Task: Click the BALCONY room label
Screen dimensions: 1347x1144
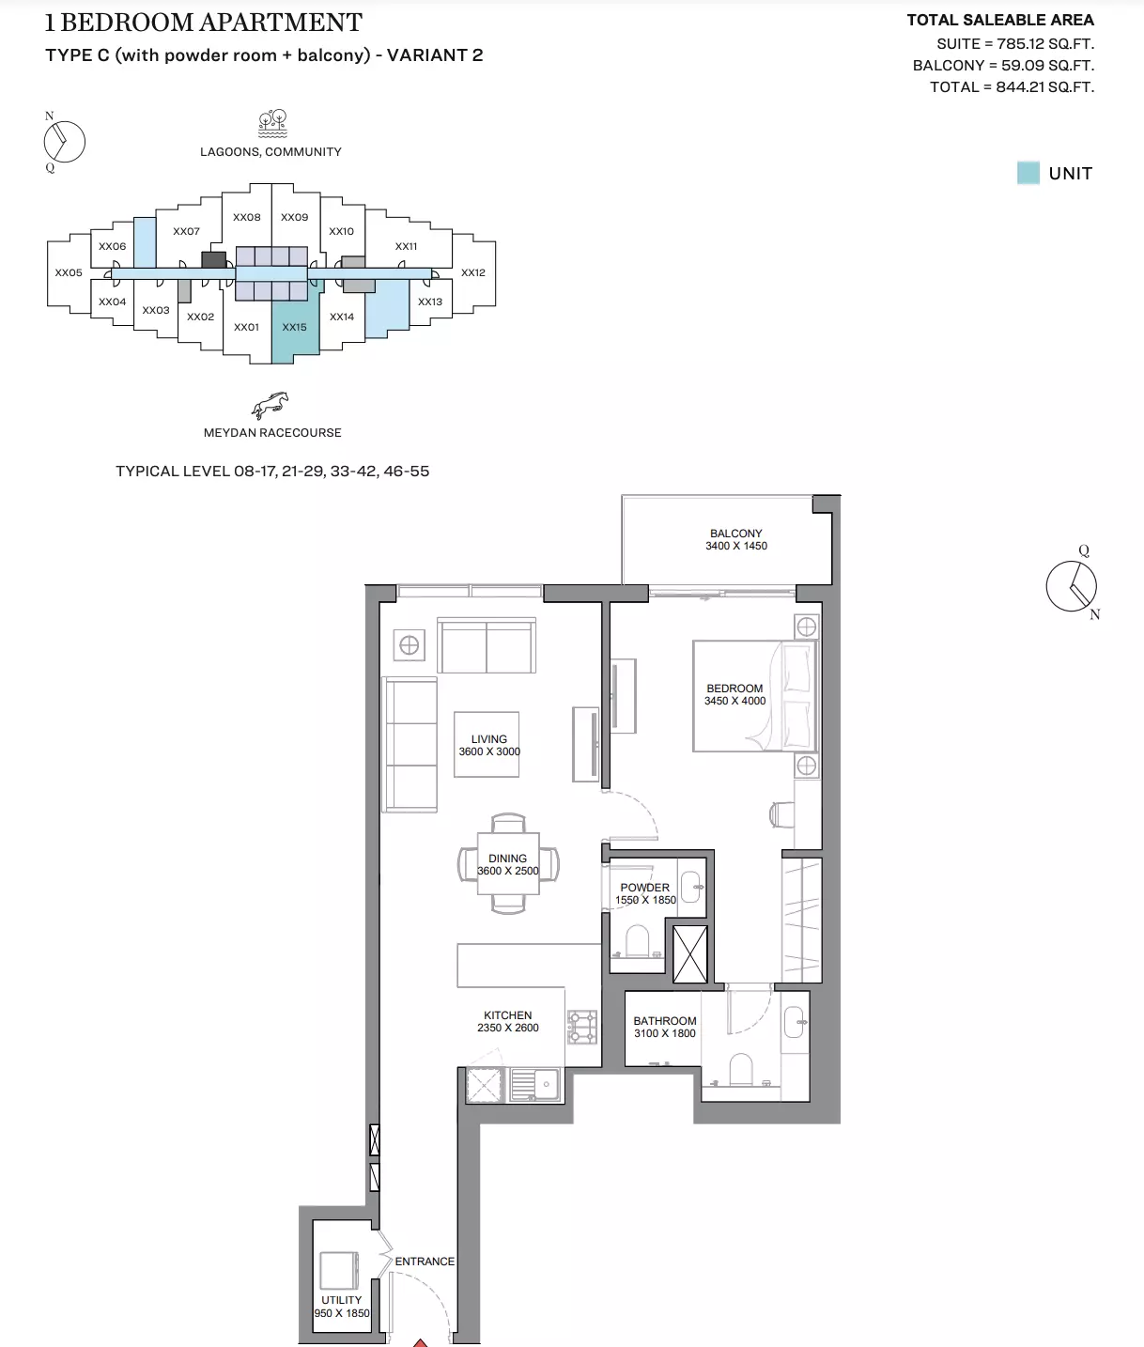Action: [735, 534]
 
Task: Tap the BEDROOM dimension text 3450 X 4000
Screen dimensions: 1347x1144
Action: [734, 701]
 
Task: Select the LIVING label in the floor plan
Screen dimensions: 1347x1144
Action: [488, 739]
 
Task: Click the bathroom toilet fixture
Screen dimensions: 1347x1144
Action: [741, 1069]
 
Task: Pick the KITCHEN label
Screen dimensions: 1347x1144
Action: [507, 1015]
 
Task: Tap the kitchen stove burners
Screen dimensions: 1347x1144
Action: [582, 1026]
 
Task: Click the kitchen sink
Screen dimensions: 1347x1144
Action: [535, 1084]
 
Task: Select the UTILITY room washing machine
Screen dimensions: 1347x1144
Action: [338, 1270]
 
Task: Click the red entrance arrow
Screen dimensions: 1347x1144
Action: [422, 1341]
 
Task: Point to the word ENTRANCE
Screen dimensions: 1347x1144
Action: [425, 1262]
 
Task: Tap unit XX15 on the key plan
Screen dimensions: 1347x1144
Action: [294, 327]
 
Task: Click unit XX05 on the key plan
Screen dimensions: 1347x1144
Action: [69, 272]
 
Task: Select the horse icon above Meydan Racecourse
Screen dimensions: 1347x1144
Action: [271, 405]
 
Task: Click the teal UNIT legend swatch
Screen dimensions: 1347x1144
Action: [1028, 173]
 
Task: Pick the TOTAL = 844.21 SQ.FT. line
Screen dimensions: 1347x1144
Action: [1012, 87]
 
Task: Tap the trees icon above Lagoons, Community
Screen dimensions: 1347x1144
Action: [272, 123]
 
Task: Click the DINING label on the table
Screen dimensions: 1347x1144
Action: [507, 859]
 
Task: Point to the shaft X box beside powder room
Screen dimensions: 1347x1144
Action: [690, 953]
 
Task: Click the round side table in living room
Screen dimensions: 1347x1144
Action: [409, 645]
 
